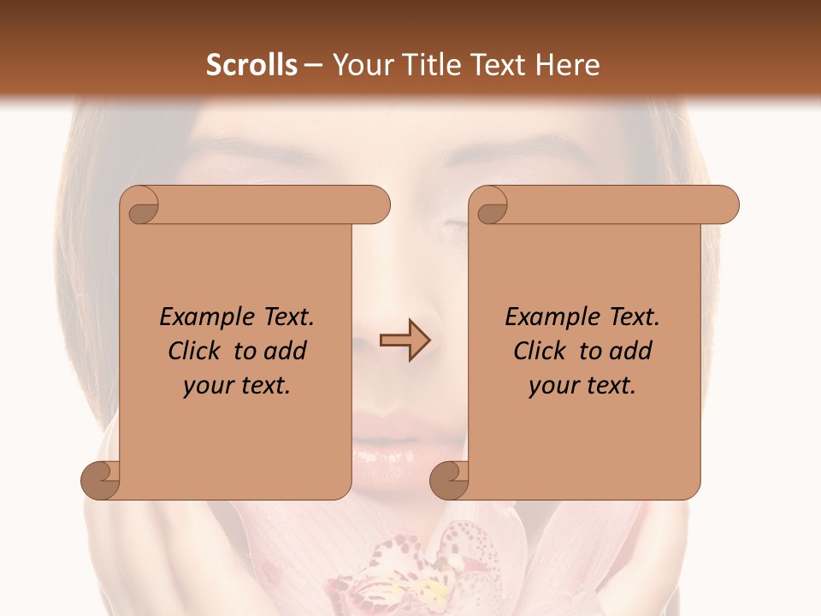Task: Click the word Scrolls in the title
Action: [251, 65]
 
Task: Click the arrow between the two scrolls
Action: [405, 341]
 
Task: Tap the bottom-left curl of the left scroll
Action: [101, 480]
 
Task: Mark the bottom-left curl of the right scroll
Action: [450, 480]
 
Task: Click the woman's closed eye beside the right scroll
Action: [453, 224]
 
